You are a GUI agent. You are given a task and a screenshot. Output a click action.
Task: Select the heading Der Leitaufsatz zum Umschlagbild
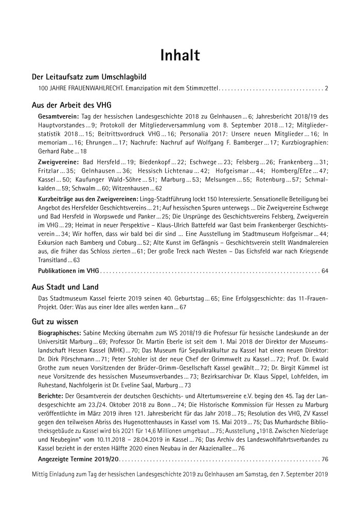tap(89, 77)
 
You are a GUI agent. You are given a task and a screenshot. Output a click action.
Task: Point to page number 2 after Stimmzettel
tap(327, 89)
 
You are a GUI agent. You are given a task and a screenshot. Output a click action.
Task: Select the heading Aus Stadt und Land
tap(65, 287)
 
